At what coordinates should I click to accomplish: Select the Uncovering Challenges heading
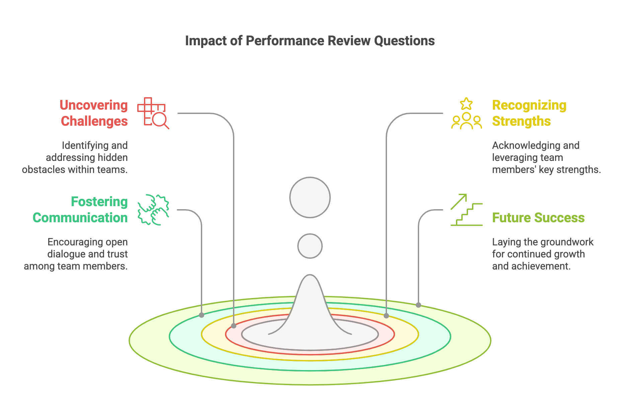[94, 113]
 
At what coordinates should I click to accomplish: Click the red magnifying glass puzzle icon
[153, 113]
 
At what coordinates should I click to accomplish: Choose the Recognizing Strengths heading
[529, 113]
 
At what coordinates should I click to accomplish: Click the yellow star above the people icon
[466, 104]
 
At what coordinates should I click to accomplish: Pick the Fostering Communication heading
[80, 210]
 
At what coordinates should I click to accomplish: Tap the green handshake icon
[153, 210]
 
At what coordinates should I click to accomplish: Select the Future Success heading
[538, 218]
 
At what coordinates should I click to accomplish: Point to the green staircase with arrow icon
[466, 210]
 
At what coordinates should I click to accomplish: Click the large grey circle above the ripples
[310, 197]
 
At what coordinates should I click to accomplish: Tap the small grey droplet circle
[310, 246]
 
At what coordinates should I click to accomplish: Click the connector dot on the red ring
[234, 326]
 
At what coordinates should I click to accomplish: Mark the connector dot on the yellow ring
[386, 316]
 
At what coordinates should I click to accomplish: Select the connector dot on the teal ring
[202, 315]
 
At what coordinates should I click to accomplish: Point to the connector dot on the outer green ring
[418, 305]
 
